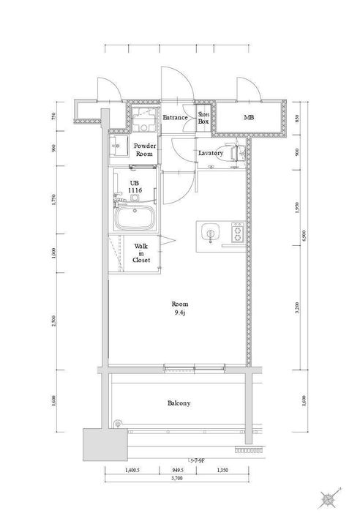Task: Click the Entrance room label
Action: click(176, 118)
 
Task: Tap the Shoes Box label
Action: click(204, 118)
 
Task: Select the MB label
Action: click(248, 118)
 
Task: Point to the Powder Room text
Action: click(143, 150)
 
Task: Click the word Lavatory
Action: click(211, 153)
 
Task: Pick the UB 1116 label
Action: click(135, 187)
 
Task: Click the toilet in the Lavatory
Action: click(233, 153)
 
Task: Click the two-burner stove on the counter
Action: click(237, 234)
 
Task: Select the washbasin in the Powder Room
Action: click(118, 146)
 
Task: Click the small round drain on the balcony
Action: click(118, 423)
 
